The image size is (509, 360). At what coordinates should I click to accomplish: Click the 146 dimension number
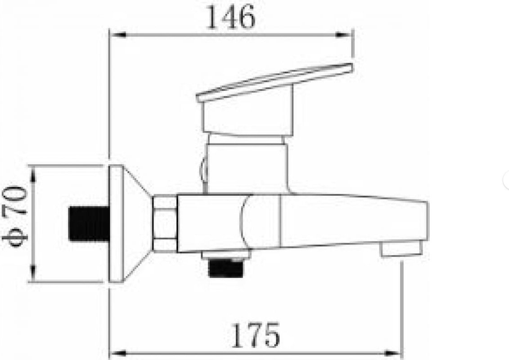pos(231,18)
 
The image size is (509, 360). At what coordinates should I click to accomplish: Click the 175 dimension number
pos(255,335)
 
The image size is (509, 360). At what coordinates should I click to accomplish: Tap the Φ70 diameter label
pos(15,216)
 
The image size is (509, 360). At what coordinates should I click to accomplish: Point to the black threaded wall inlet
pos(89,224)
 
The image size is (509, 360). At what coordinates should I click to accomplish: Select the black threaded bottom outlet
pos(226,267)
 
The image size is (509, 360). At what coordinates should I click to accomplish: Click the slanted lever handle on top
pos(274,83)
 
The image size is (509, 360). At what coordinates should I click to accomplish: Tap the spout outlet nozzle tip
pos(402,249)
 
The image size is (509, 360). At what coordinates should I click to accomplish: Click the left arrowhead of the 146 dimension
pos(118,35)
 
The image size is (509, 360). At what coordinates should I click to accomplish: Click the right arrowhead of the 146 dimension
pos(343,35)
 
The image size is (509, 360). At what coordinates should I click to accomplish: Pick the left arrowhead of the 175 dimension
pos(118,353)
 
